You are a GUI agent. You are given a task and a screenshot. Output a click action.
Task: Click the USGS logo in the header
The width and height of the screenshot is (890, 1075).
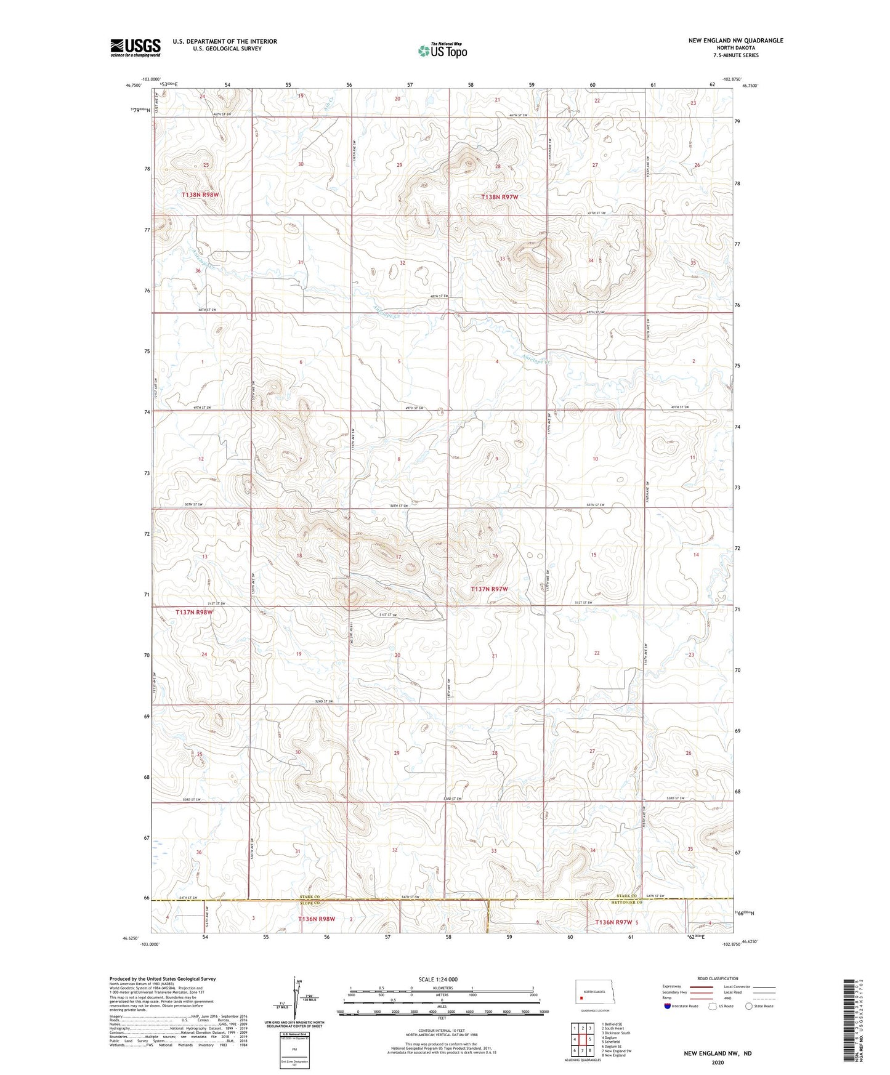click(x=136, y=47)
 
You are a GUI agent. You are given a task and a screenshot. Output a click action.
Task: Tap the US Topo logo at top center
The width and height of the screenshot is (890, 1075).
click(x=442, y=50)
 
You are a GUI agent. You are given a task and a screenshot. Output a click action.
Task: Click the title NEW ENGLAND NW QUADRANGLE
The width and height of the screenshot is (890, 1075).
click(x=735, y=41)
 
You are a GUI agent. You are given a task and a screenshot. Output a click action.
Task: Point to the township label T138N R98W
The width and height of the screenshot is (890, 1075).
click(x=200, y=195)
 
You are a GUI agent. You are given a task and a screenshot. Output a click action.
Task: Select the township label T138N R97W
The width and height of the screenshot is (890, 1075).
click(x=500, y=197)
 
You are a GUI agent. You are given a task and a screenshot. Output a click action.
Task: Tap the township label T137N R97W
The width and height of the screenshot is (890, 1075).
click(x=490, y=589)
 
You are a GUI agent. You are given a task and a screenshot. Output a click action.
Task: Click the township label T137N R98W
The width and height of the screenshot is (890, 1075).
click(x=194, y=612)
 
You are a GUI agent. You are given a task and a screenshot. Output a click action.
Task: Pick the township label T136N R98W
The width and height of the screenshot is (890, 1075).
click(x=317, y=919)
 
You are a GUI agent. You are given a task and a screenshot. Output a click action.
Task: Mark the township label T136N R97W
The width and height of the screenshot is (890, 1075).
click(x=614, y=922)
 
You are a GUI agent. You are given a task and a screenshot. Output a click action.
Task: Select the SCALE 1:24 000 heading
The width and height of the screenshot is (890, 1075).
click(x=438, y=979)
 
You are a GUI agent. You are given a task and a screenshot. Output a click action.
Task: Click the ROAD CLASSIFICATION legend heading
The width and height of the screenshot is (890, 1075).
click(x=718, y=978)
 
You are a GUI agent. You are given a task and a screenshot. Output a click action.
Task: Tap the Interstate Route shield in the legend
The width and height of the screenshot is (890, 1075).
click(x=668, y=1006)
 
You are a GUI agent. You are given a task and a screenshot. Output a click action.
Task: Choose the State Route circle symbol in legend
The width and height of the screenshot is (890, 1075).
click(x=749, y=1006)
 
